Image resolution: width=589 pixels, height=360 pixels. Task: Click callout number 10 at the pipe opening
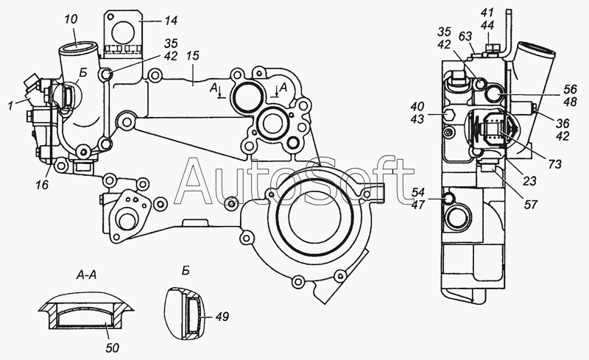click(71, 20)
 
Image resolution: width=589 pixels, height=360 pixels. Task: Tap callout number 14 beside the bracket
click(171, 21)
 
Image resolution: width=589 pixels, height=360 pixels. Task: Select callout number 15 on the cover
click(192, 56)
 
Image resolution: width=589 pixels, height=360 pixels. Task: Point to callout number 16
click(43, 184)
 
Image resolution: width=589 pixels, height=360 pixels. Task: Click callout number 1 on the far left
click(11, 106)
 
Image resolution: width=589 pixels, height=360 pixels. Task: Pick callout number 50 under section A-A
click(112, 348)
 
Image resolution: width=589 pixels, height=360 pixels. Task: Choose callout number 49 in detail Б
click(222, 317)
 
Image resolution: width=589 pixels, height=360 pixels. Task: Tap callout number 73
click(555, 164)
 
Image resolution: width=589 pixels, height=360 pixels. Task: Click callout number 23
click(529, 181)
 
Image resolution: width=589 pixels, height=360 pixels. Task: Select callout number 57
click(530, 205)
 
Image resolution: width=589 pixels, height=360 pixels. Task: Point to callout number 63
click(465, 37)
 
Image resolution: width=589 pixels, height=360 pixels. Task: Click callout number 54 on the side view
click(417, 192)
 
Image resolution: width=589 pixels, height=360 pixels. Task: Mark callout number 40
click(417, 106)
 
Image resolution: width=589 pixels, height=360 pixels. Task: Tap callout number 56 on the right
click(570, 89)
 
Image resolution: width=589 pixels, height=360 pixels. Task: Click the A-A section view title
click(86, 275)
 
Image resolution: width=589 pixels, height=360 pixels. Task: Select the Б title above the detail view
click(186, 271)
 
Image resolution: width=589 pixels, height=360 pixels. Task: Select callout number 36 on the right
click(562, 123)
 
